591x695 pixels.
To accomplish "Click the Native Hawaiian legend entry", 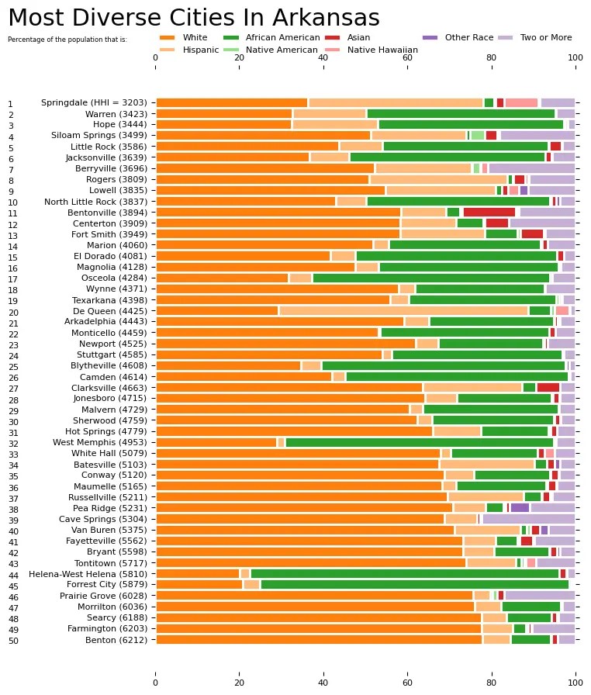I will (382, 50).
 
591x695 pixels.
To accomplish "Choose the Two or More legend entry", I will (542, 37).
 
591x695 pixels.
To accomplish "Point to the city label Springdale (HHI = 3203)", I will (96, 102).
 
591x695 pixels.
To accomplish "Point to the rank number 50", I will (12, 641).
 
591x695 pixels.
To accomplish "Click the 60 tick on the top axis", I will (407, 57).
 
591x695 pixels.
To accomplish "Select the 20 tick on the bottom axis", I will (239, 683).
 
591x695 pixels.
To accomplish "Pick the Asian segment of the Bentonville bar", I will (489, 212).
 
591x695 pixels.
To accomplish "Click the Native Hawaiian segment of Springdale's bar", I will (521, 102).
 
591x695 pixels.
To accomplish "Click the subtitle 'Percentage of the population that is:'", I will (67, 39).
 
